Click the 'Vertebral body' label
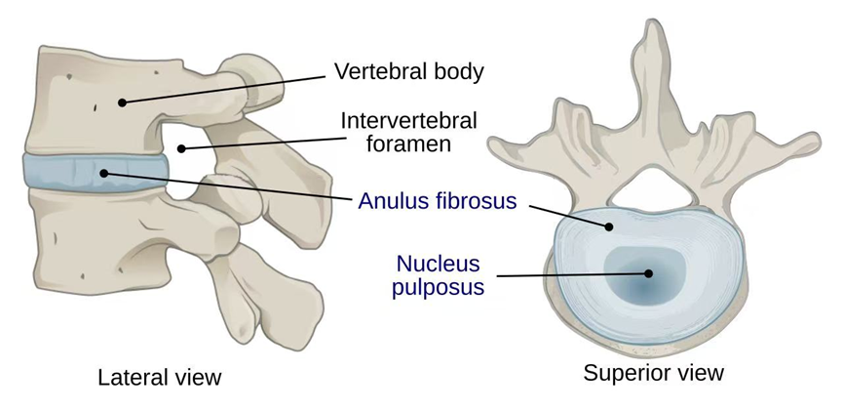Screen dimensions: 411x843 click(x=408, y=71)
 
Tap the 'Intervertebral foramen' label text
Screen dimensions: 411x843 click(x=408, y=132)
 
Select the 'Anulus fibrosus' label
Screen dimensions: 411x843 click(x=437, y=201)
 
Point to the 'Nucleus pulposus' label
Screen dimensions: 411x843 click(x=438, y=275)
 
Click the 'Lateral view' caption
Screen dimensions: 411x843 click(x=160, y=377)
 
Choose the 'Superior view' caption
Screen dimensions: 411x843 click(x=653, y=372)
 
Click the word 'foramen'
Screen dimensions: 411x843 click(x=408, y=144)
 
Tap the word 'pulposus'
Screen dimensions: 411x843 click(x=438, y=288)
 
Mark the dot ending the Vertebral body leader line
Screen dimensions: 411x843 click(x=123, y=102)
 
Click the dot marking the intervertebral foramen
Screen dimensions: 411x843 click(x=181, y=149)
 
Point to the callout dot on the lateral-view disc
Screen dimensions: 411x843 click(x=104, y=174)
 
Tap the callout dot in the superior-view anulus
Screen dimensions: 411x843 click(x=609, y=226)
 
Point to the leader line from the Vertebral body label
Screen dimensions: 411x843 click(x=224, y=87)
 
